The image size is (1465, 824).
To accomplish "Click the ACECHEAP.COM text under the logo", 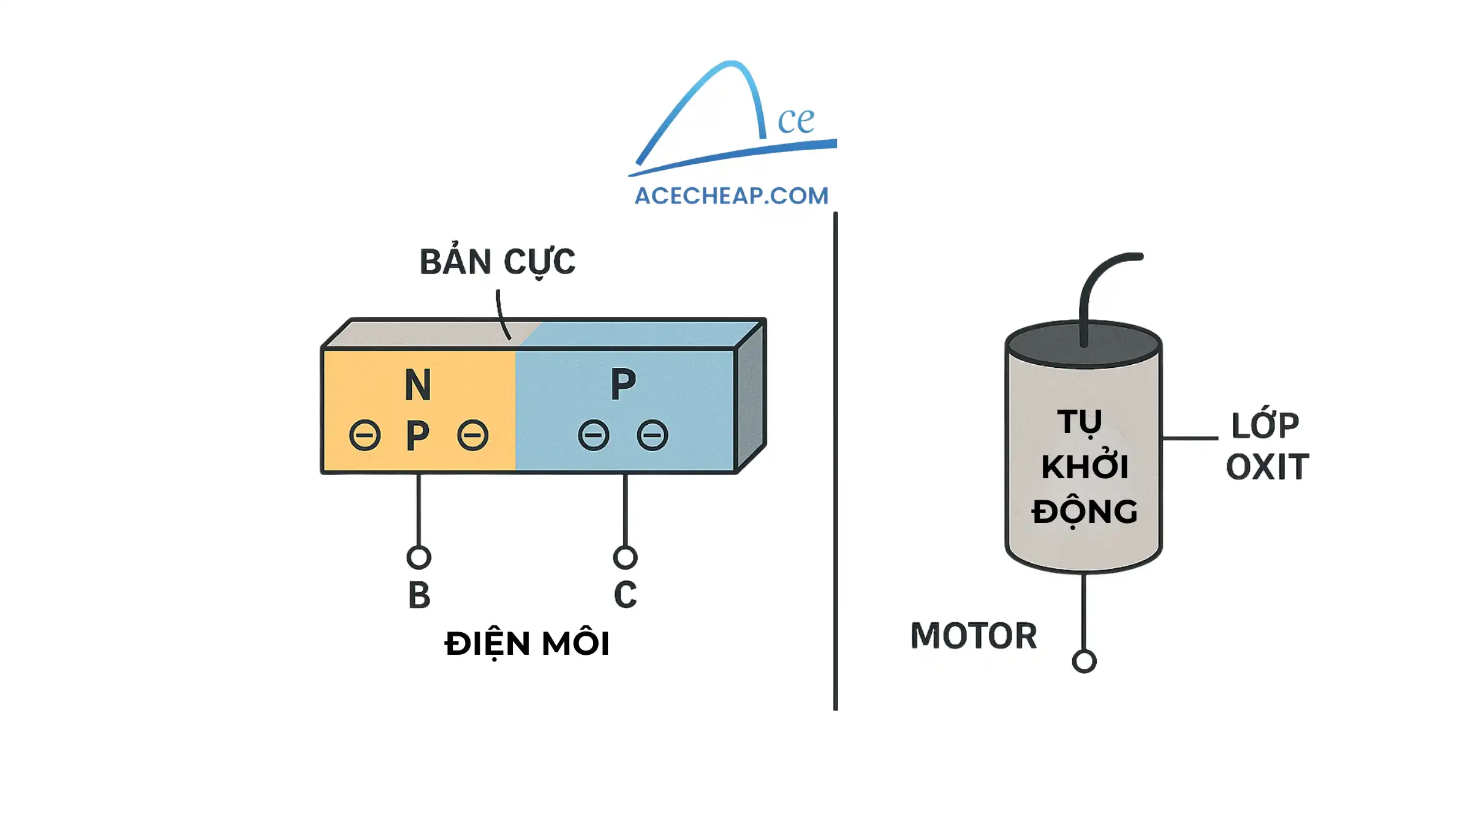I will click(731, 196).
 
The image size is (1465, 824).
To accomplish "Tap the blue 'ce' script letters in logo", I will click(795, 120).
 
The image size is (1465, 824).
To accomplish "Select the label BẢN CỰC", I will click(497, 262).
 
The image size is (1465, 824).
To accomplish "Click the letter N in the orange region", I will click(418, 385).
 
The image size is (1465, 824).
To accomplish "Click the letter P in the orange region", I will click(418, 436).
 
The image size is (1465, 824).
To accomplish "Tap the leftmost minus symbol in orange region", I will click(365, 436).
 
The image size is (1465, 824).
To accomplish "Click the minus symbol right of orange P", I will click(472, 436).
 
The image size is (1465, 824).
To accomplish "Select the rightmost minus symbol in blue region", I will click(652, 436).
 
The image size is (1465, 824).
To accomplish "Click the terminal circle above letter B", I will click(418, 557).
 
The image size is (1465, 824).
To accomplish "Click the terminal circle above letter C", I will click(625, 557).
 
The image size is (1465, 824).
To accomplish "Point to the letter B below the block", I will click(419, 595).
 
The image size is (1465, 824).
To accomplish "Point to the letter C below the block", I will click(626, 595).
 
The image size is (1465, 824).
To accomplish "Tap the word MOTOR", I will click(973, 636).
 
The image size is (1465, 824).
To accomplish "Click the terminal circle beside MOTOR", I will click(1084, 662).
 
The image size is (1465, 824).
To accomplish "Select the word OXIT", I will click(1267, 467).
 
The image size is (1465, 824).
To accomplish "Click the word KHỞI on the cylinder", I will click(1084, 466).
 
